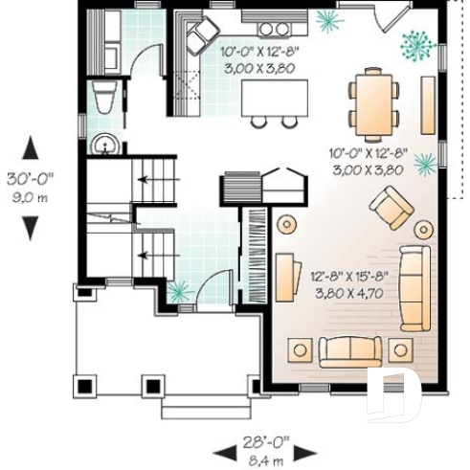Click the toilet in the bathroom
[103, 98]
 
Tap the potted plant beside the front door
[177, 291]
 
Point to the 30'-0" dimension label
[30, 178]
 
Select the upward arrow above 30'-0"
[31, 147]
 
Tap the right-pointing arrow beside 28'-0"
[310, 451]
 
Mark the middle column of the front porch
[152, 385]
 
